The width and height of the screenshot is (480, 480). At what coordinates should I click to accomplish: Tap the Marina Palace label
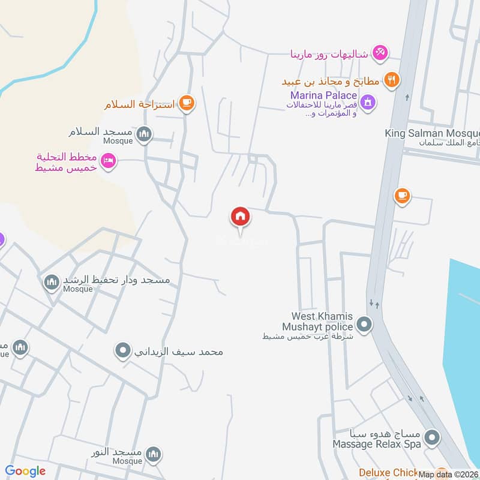323,95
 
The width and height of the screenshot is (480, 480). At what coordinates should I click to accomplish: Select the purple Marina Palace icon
369,101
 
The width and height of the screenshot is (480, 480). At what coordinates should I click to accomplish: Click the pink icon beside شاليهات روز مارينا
379,53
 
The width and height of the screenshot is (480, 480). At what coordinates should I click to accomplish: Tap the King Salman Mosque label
432,133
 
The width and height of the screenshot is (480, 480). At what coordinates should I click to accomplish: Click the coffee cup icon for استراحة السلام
186,103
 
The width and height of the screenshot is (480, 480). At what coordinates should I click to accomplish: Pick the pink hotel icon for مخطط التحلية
108,161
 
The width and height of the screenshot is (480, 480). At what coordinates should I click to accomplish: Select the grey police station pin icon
364,326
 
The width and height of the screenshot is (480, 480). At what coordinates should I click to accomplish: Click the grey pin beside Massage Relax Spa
431,438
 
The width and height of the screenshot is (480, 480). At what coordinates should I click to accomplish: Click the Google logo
25,471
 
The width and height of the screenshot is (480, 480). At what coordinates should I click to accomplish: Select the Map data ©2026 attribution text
448,474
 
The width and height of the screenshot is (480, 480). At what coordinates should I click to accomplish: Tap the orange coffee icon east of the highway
401,196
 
